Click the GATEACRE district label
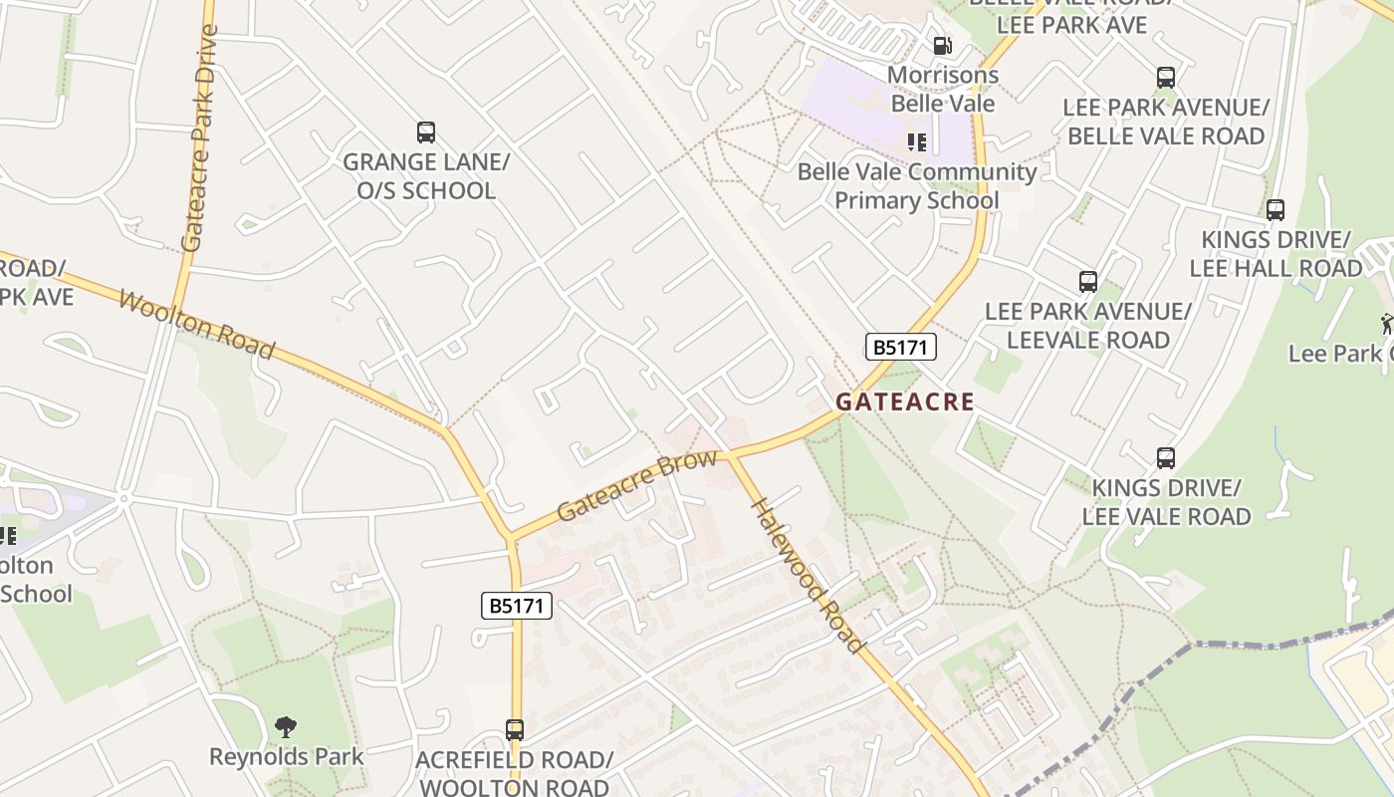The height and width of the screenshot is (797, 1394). click(x=904, y=401)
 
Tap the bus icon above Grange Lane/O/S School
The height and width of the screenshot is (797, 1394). click(x=426, y=132)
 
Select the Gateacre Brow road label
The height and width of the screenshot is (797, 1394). click(x=636, y=485)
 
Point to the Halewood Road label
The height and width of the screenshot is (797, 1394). click(x=808, y=575)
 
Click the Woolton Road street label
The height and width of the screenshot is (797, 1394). click(x=196, y=325)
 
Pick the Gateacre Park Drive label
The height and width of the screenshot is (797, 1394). click(x=198, y=137)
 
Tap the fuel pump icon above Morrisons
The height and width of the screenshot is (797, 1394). click(x=942, y=45)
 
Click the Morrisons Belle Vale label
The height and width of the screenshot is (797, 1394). click(x=942, y=89)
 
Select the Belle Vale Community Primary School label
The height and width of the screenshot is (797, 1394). click(x=917, y=185)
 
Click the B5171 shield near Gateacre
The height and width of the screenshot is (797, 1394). click(x=900, y=347)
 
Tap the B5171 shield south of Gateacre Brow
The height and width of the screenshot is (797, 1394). click(x=516, y=605)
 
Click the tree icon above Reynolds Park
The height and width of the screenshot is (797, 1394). click(x=286, y=726)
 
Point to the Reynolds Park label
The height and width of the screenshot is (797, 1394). click(x=286, y=756)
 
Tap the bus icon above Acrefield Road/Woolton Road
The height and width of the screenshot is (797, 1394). click(x=514, y=729)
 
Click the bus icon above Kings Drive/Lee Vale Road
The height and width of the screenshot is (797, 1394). click(x=1166, y=458)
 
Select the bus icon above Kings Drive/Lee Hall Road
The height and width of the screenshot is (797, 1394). click(x=1276, y=210)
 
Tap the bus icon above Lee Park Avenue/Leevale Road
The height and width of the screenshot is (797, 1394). click(x=1087, y=282)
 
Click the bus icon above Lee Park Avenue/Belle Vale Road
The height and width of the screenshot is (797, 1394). click(x=1166, y=77)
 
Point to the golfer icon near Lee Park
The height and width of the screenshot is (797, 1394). click(x=1387, y=323)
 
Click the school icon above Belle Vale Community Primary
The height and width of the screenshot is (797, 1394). click(x=917, y=142)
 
